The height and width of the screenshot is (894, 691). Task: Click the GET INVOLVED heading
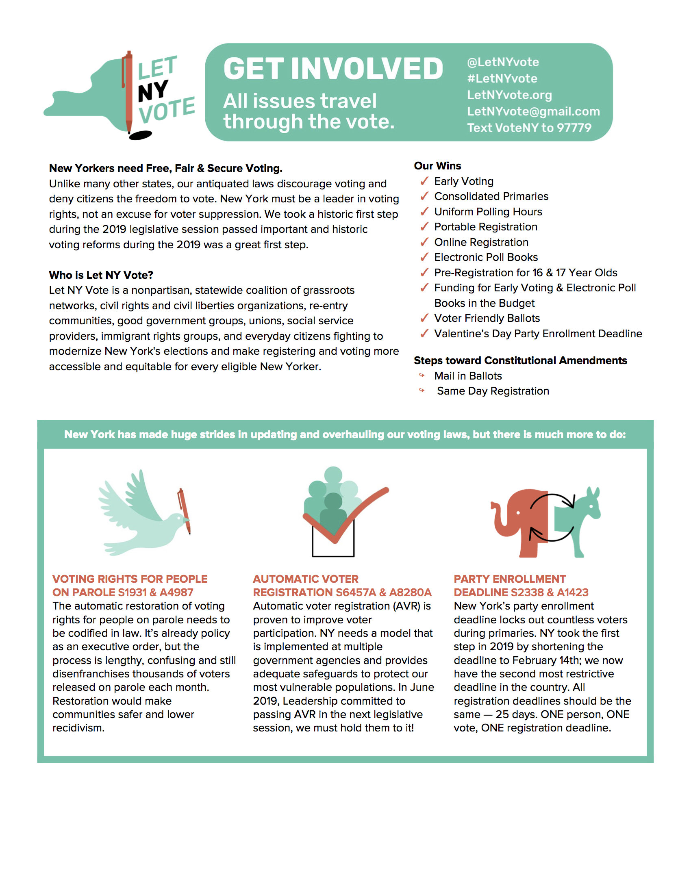click(x=333, y=69)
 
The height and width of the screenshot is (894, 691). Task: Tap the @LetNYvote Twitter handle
click(x=503, y=62)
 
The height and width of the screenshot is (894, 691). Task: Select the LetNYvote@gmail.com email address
click(x=533, y=111)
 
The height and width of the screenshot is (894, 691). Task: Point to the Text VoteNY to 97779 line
click(x=529, y=128)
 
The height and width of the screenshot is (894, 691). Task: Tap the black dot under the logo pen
click(x=140, y=135)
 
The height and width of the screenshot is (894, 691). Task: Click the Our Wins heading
click(x=437, y=166)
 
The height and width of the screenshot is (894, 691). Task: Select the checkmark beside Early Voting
click(x=424, y=181)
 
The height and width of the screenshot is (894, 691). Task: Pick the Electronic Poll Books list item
click(x=485, y=258)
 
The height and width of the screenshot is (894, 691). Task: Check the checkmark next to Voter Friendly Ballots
click(x=424, y=318)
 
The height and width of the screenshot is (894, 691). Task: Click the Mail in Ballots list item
click(x=467, y=376)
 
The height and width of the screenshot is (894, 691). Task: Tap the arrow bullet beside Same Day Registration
click(x=422, y=391)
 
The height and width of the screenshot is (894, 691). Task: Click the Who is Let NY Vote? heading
click(x=101, y=275)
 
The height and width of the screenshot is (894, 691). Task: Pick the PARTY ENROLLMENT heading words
click(x=509, y=579)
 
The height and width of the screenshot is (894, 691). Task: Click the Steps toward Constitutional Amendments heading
click(x=520, y=360)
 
